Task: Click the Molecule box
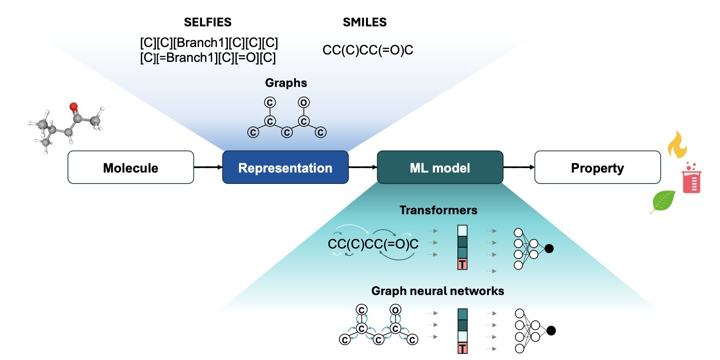(131, 167)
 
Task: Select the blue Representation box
(285, 167)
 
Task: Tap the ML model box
(440, 167)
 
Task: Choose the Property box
(597, 167)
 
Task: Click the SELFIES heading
(208, 22)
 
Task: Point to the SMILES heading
(365, 22)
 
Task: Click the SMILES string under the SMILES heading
(368, 50)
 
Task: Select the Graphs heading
(286, 83)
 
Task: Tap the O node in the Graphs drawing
(304, 103)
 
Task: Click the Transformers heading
(438, 210)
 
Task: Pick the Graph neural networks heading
(438, 291)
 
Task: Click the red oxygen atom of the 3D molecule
(74, 106)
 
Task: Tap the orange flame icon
(677, 144)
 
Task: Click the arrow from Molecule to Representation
(208, 167)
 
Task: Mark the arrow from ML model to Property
(518, 167)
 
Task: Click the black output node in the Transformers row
(549, 248)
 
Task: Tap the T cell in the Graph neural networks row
(463, 349)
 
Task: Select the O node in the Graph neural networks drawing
(396, 310)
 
